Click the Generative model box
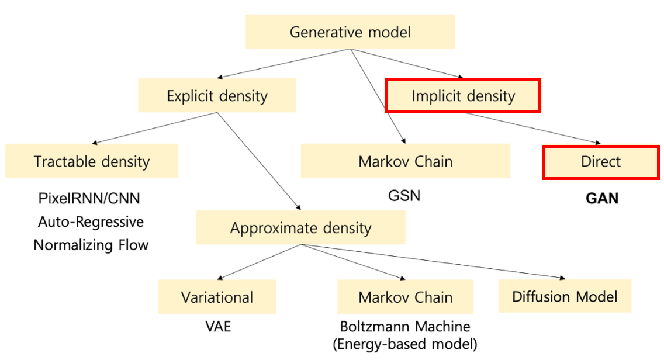point(350,32)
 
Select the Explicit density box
point(217,95)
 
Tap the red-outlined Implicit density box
point(463,96)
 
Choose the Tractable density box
point(92,161)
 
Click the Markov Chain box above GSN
point(405,161)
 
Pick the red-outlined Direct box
point(601,161)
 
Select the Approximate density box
point(300,227)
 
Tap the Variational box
point(217,297)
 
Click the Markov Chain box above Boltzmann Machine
point(405,297)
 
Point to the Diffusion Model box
point(565,296)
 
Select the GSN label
point(404,195)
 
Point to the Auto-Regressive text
point(91,221)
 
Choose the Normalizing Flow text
point(91,244)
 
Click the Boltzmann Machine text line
point(405,326)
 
